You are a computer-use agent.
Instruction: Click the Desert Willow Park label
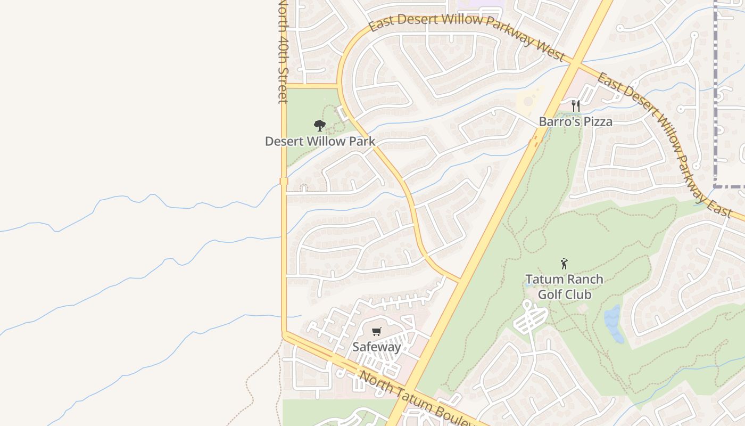tap(320, 142)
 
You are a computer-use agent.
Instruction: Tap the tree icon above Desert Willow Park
tap(319, 126)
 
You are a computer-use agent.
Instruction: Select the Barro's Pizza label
tap(575, 121)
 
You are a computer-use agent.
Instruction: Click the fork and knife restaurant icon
tap(575, 105)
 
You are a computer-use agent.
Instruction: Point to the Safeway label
tap(376, 347)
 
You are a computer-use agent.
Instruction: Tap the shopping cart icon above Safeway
tap(377, 332)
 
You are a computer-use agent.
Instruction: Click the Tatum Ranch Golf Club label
tap(564, 286)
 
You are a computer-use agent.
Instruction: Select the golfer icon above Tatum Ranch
tap(564, 263)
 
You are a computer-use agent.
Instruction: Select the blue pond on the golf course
tap(613, 324)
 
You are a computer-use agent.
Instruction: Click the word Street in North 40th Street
tap(283, 83)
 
